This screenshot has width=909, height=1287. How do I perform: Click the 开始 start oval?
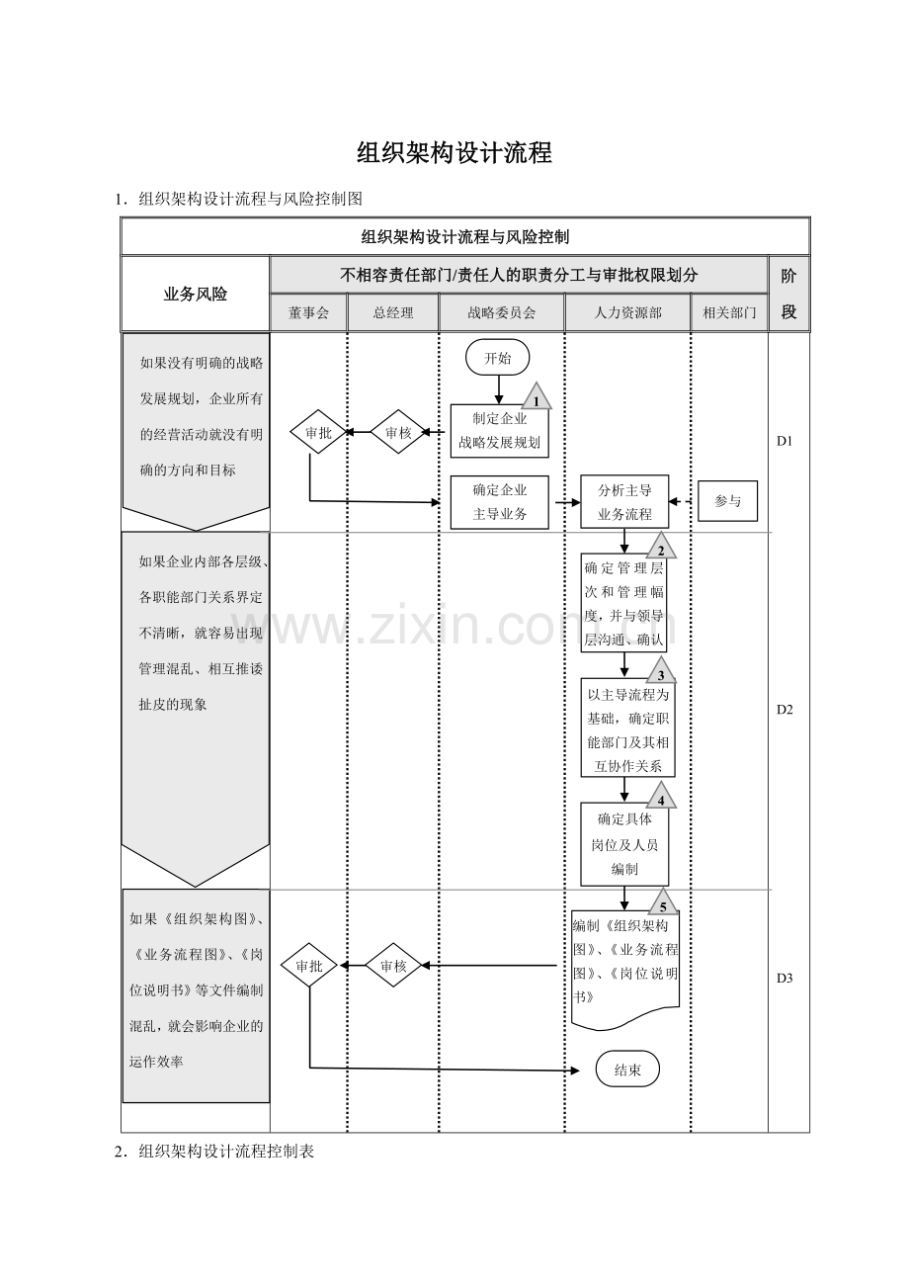pyautogui.click(x=497, y=358)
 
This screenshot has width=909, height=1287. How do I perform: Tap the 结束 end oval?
pyautogui.click(x=627, y=1069)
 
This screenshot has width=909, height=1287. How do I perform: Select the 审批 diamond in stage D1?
pyautogui.click(x=318, y=432)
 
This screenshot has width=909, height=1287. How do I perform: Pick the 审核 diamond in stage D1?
pyautogui.click(x=398, y=432)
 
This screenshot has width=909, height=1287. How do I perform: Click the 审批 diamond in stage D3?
pyautogui.click(x=309, y=965)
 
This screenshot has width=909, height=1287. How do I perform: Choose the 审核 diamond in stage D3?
pyautogui.click(x=393, y=965)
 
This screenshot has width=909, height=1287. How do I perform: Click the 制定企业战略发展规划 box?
pyautogui.click(x=499, y=430)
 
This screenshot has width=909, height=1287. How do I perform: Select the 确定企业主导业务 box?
pyautogui.click(x=499, y=501)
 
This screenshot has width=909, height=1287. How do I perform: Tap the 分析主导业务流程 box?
pyautogui.click(x=624, y=501)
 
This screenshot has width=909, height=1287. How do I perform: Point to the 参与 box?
pyautogui.click(x=727, y=501)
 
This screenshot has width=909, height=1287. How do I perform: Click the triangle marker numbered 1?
pyautogui.click(x=537, y=396)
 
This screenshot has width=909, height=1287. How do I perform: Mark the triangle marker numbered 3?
pyautogui.click(x=661, y=670)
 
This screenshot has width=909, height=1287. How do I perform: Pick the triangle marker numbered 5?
pyautogui.click(x=663, y=902)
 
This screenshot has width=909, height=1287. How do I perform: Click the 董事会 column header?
pyautogui.click(x=309, y=312)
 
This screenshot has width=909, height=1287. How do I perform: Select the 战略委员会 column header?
pyautogui.click(x=501, y=312)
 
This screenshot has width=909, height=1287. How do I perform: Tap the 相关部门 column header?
pyautogui.click(x=729, y=312)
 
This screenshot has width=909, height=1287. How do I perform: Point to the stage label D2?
pyautogui.click(x=785, y=710)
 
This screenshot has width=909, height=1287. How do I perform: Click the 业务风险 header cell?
pyautogui.click(x=196, y=295)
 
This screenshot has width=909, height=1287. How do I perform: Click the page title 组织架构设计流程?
pyautogui.click(x=454, y=153)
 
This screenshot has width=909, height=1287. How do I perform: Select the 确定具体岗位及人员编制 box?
pyautogui.click(x=624, y=844)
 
